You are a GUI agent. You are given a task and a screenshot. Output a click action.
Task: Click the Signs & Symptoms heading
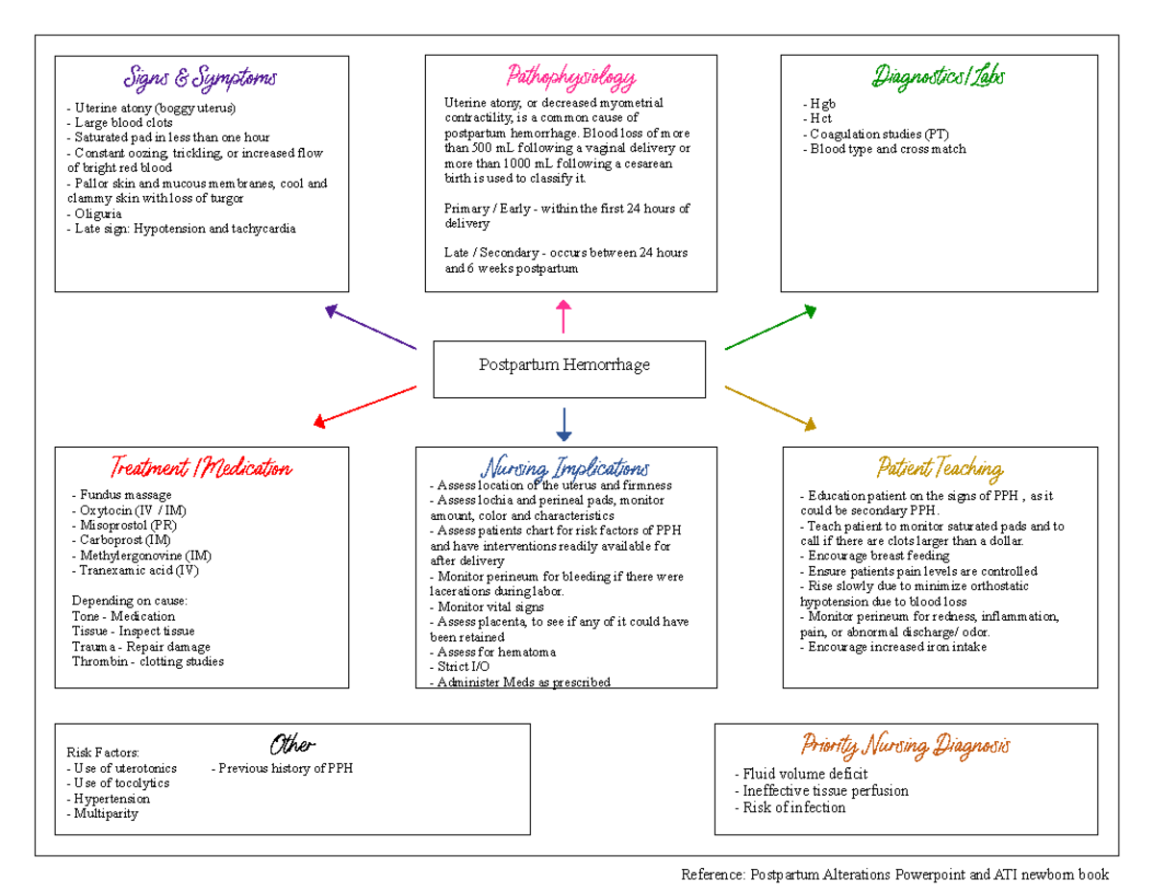[x=200, y=77]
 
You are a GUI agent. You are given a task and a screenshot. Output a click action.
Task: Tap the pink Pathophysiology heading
[x=571, y=77]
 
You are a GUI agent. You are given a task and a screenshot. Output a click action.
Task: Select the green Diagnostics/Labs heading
[x=939, y=77]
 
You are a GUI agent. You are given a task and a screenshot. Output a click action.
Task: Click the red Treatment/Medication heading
[x=200, y=468]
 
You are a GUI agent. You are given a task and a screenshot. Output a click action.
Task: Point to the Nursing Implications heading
[x=565, y=468]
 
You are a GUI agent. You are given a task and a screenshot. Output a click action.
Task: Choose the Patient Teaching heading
[x=940, y=468]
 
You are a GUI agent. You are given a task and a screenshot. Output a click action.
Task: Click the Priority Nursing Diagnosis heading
[x=905, y=745]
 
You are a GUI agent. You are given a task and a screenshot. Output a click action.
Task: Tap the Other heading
[x=292, y=745]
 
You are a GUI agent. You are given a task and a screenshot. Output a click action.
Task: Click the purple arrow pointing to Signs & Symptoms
[x=370, y=328]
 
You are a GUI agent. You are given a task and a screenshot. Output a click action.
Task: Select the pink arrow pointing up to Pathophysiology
[x=564, y=316]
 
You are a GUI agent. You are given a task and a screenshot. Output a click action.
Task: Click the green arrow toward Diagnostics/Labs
[x=770, y=328]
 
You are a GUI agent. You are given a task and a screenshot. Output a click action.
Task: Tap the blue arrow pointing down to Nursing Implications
[x=564, y=424]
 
